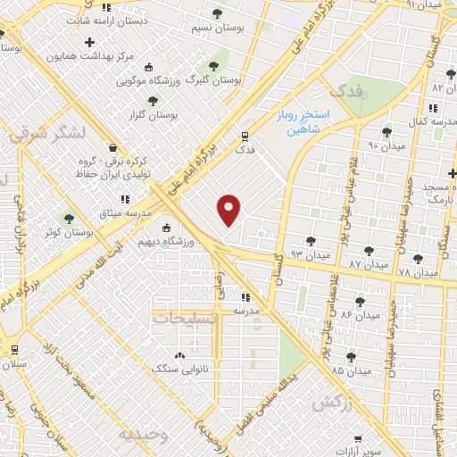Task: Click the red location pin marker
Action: (x=230, y=210)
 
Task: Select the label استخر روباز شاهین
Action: (x=303, y=122)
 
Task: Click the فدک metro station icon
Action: (x=245, y=136)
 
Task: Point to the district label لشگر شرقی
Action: (x=45, y=133)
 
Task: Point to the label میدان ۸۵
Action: (x=351, y=370)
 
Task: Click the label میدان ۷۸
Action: (x=416, y=271)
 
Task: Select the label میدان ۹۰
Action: (x=387, y=144)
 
